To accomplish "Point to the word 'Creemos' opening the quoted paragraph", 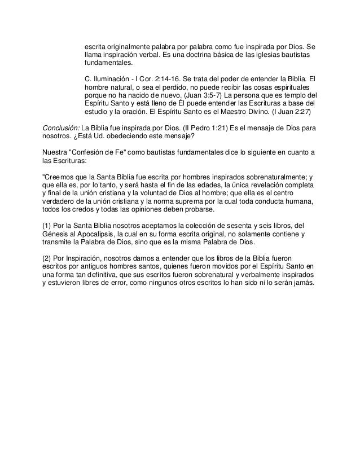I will pos(58,178).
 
